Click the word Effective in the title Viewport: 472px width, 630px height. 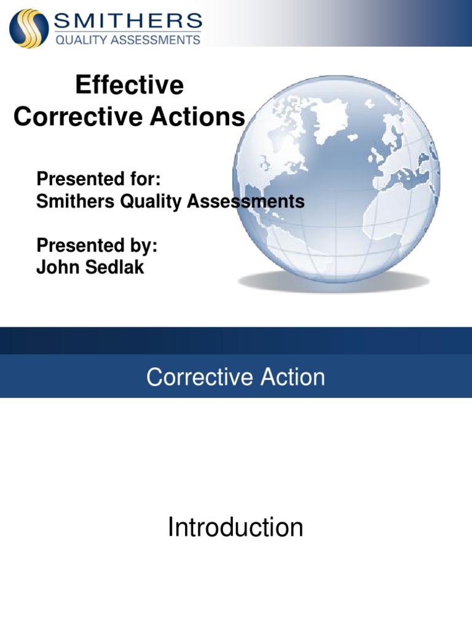pyautogui.click(x=129, y=86)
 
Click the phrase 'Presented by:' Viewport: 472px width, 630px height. pyautogui.click(x=97, y=245)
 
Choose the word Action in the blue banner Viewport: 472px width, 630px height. pyautogui.click(x=292, y=377)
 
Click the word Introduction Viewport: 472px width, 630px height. pyautogui.click(x=235, y=527)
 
